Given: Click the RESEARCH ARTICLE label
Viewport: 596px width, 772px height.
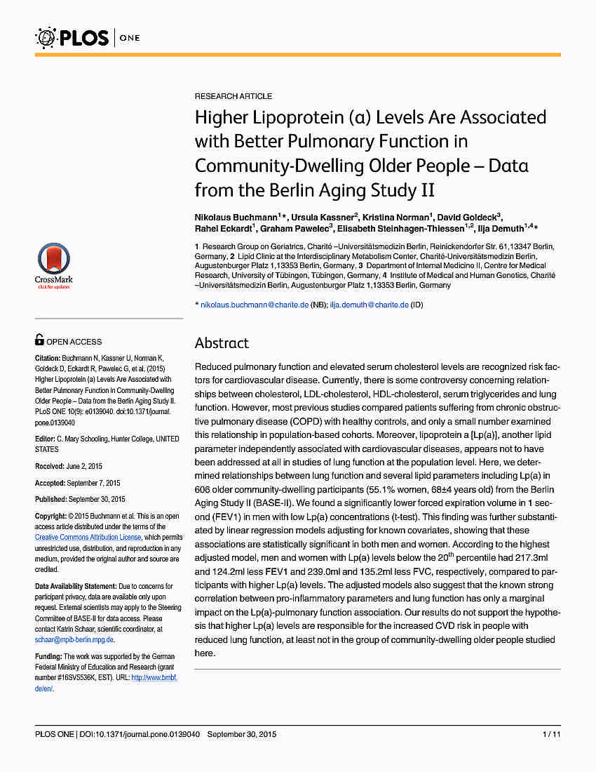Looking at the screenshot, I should click(233, 96).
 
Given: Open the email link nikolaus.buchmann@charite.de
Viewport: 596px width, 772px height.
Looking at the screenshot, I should click(255, 305).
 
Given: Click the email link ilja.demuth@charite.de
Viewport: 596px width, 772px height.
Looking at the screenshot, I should click(370, 305).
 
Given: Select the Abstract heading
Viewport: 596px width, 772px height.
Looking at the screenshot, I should click(222, 343).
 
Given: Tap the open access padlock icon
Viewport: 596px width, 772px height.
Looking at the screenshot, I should click(40, 340).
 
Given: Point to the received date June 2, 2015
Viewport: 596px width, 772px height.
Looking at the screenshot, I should click(83, 466).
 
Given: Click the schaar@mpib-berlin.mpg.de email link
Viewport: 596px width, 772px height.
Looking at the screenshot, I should click(74, 639).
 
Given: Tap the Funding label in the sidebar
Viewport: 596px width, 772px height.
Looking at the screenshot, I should click(48, 656).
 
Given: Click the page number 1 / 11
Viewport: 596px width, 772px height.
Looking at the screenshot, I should click(551, 734).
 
